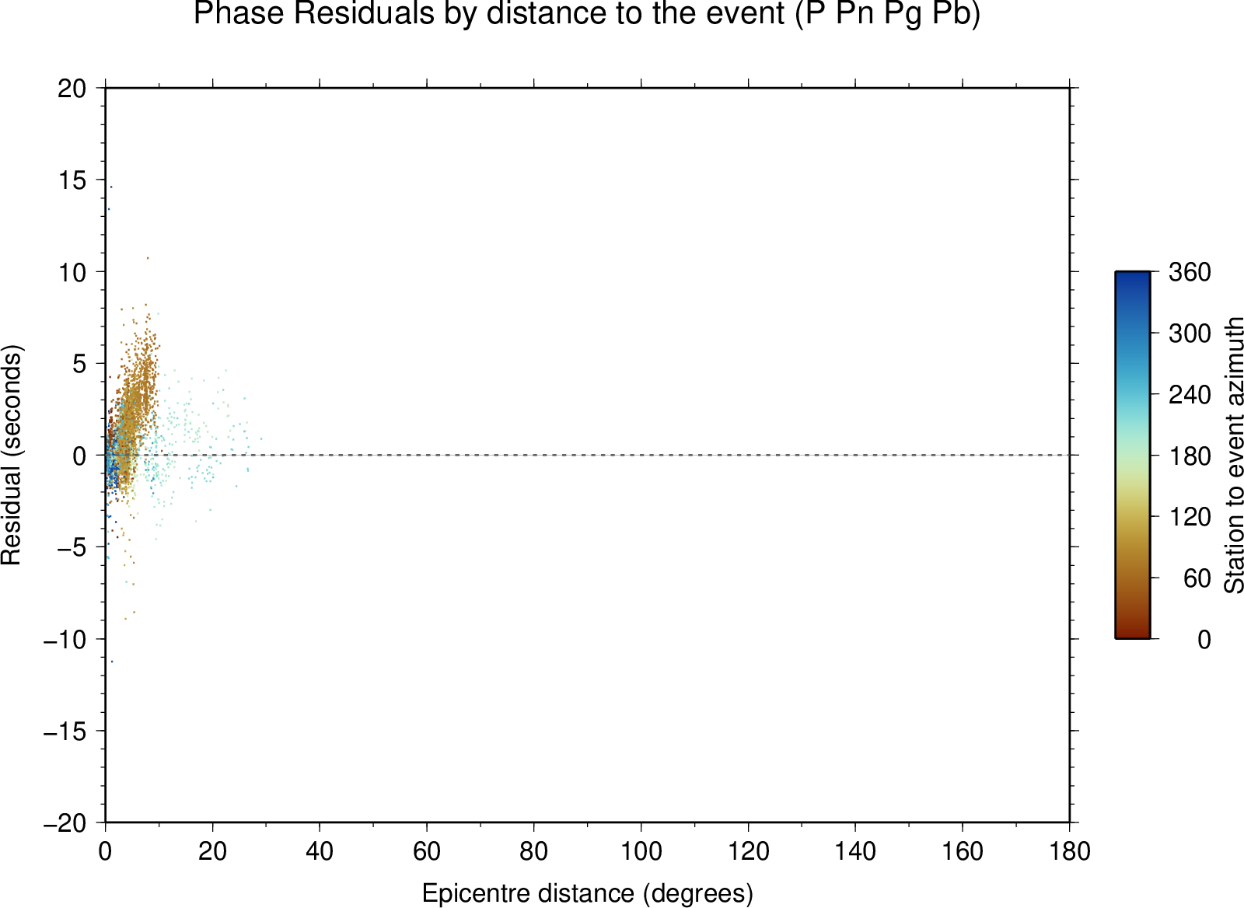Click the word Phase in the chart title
239,13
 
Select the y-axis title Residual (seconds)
11,455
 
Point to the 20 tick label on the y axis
72,89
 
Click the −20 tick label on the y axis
65,823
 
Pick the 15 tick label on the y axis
72,180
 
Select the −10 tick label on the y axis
65,639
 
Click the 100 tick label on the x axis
641,851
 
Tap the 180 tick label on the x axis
1070,851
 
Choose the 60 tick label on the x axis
427,851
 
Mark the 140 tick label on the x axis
855,851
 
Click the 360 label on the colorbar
1190,272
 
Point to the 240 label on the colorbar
1190,395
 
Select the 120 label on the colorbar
1190,517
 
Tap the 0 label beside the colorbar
1204,640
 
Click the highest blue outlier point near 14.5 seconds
111,187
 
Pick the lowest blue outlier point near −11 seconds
112,662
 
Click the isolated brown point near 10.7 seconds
148,258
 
